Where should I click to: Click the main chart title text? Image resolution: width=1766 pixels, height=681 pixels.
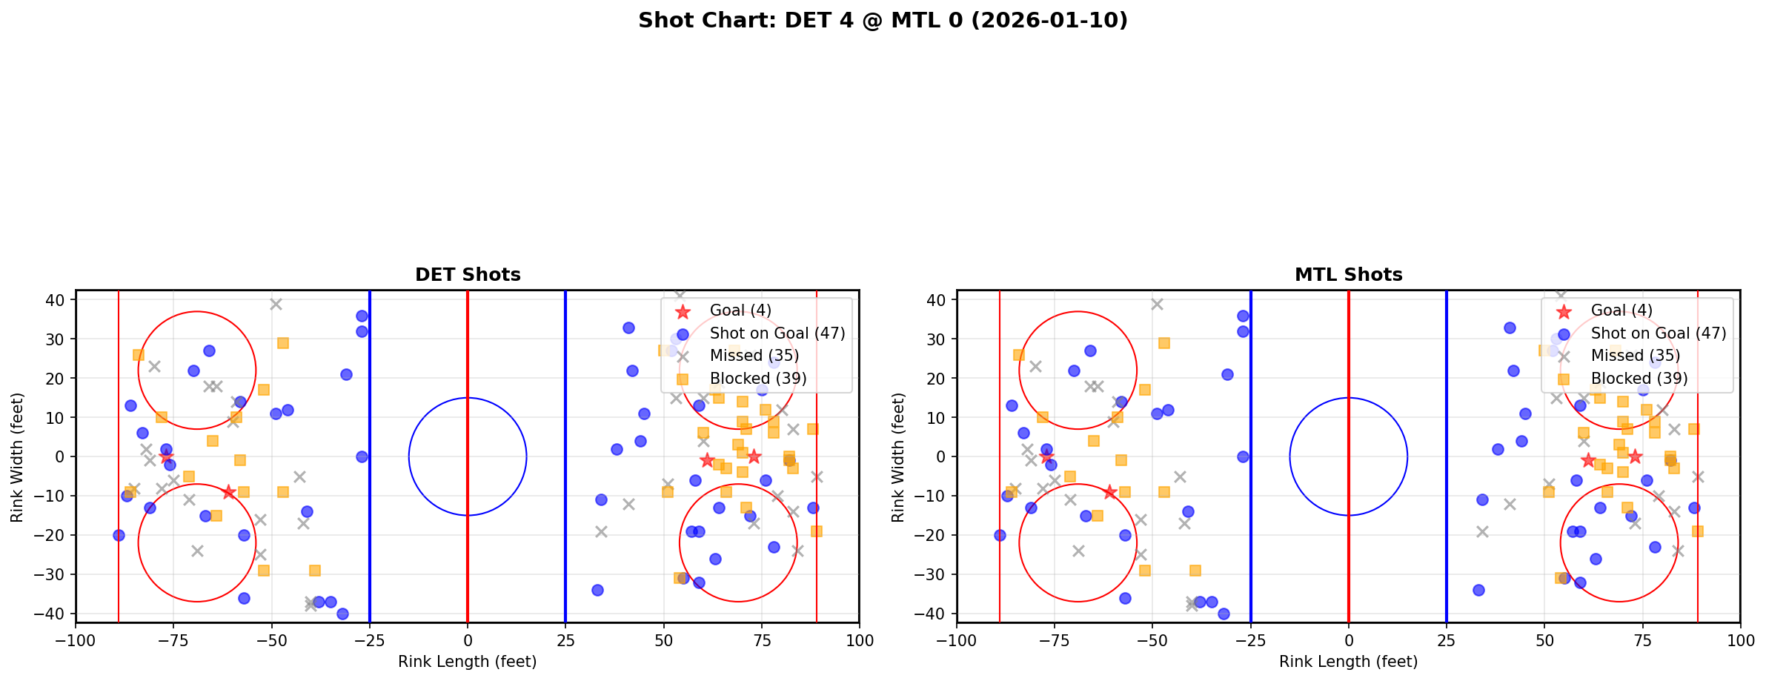pyautogui.click(x=883, y=21)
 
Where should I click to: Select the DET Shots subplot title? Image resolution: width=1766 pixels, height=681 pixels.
pyautogui.click(x=468, y=275)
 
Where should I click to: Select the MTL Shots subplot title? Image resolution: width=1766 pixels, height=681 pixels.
pyautogui.click(x=1348, y=275)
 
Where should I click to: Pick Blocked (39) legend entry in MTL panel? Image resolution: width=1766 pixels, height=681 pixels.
pyautogui.click(x=1639, y=379)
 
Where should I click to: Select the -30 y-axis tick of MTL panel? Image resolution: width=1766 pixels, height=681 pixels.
pyautogui.click(x=932, y=574)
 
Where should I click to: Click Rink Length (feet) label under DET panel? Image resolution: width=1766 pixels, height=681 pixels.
pyautogui.click(x=468, y=662)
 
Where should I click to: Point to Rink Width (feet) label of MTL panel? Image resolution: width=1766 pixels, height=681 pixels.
pyautogui.click(x=898, y=457)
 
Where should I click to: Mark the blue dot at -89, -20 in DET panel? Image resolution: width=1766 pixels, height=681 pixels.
pyautogui.click(x=119, y=535)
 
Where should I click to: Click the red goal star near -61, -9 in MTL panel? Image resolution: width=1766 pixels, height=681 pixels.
pyautogui.click(x=1109, y=492)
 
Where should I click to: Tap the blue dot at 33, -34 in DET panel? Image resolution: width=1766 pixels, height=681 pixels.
pyautogui.click(x=597, y=590)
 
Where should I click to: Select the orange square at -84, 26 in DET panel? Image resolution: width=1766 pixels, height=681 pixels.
pyautogui.click(x=139, y=355)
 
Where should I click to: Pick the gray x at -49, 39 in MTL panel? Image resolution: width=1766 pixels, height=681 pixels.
pyautogui.click(x=1157, y=304)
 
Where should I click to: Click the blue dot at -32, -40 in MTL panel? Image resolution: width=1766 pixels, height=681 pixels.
pyautogui.click(x=1224, y=614)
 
